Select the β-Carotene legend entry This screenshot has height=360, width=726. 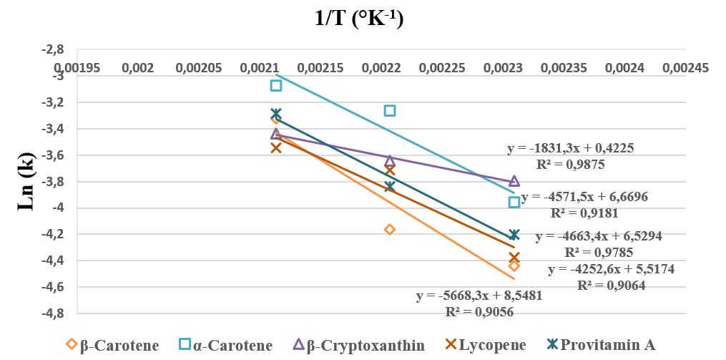pyautogui.click(x=112, y=345)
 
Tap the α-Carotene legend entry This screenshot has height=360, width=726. pyautogui.click(x=226, y=345)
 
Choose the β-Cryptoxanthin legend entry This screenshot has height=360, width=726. pyautogui.click(x=359, y=345)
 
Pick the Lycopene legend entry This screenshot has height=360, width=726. pyautogui.click(x=485, y=345)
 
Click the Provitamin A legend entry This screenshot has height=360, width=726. pyautogui.click(x=601, y=345)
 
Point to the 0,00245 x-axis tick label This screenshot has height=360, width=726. pyautogui.click(x=685, y=67)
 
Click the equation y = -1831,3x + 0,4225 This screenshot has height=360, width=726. pyautogui.click(x=571, y=149)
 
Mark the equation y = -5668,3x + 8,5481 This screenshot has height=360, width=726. pyautogui.click(x=479, y=296)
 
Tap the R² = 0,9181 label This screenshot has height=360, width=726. pyautogui.click(x=584, y=212)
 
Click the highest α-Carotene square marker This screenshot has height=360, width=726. pyautogui.click(x=276, y=85)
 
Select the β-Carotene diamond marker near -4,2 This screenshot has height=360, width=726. pyautogui.click(x=390, y=229)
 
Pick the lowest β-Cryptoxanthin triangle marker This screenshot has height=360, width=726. pyautogui.click(x=514, y=182)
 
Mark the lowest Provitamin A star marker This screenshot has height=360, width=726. pyautogui.click(x=514, y=235)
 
